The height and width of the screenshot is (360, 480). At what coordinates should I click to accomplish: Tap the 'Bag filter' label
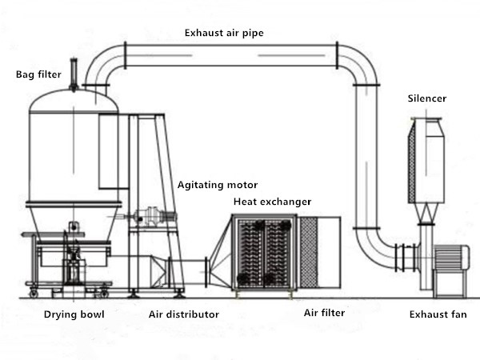tap(37, 75)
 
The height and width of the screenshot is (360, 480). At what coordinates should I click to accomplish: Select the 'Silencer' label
tap(426, 98)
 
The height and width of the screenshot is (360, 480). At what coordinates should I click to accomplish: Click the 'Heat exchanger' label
tap(272, 202)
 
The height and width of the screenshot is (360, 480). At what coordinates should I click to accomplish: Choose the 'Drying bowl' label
tap(69, 314)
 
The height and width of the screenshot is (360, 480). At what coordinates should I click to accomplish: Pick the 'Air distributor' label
tap(184, 314)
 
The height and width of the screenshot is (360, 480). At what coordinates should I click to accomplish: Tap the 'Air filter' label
tap(324, 313)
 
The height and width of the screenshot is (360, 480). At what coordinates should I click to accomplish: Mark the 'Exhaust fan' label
tap(438, 314)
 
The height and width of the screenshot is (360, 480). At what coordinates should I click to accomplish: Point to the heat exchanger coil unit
tap(263, 253)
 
